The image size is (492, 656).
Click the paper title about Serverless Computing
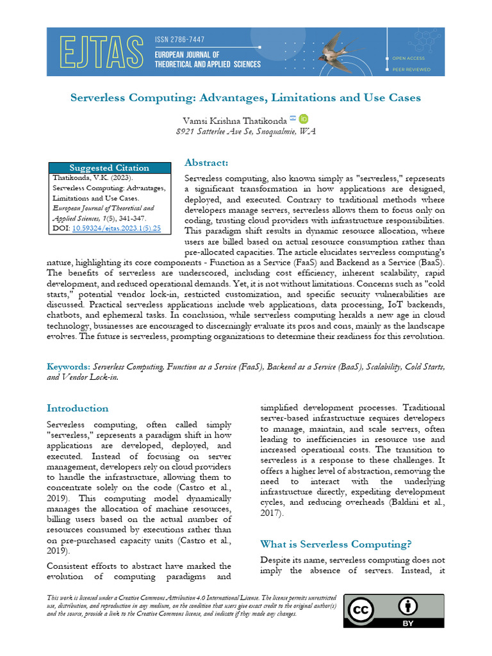click(x=245, y=98)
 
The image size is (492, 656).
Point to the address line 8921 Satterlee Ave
click(x=245, y=131)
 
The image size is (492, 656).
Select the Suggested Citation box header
click(x=110, y=168)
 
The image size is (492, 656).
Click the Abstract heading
click(x=206, y=163)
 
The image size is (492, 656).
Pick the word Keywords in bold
click(x=69, y=367)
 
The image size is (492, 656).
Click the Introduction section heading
click(x=78, y=408)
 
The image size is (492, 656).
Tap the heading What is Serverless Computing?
click(x=336, y=544)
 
